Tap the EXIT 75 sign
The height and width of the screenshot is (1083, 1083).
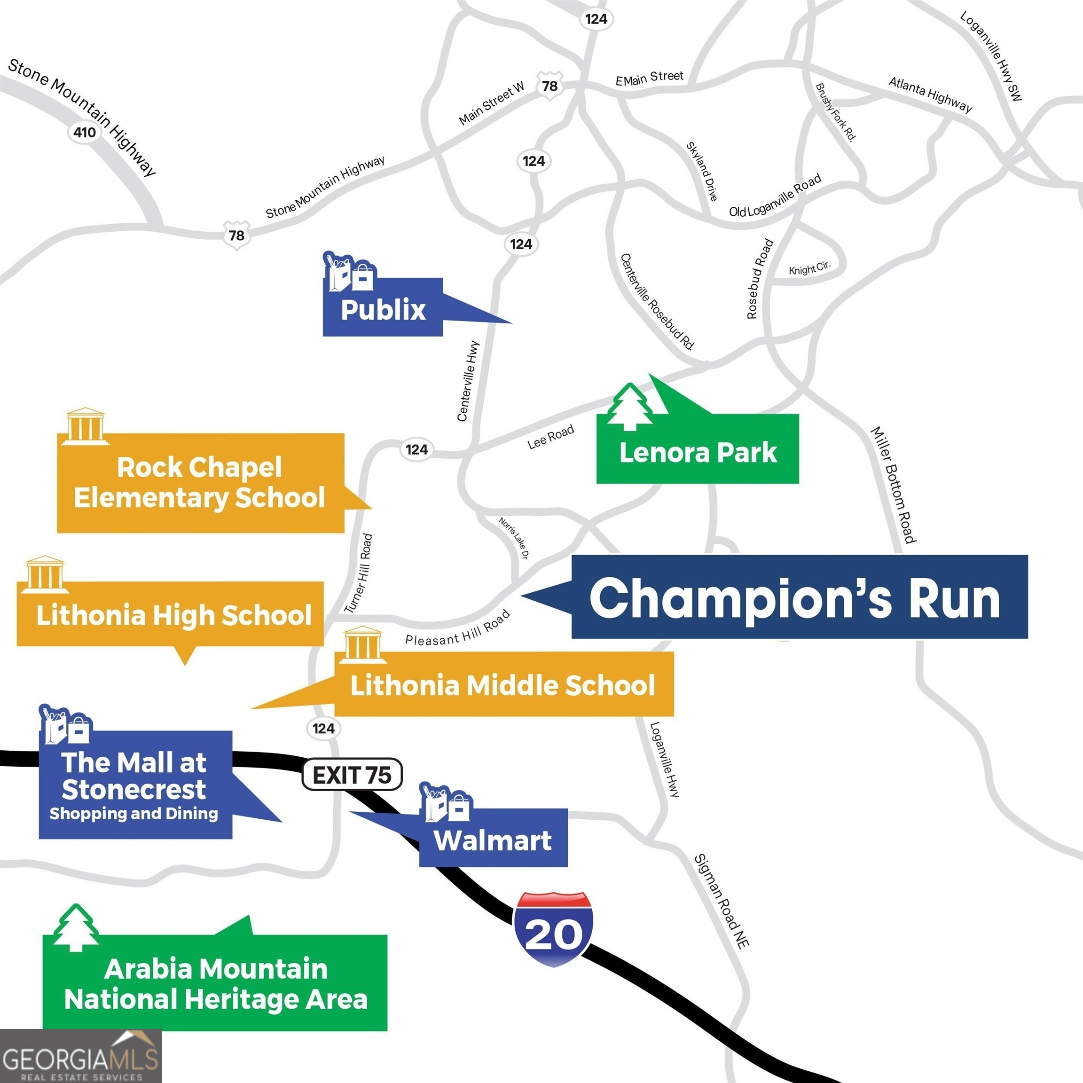click(352, 775)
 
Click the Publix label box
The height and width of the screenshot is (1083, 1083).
click(383, 308)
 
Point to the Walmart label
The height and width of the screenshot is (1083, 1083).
click(493, 840)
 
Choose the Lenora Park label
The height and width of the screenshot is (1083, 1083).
click(698, 452)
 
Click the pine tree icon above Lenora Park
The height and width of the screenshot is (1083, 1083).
click(630, 408)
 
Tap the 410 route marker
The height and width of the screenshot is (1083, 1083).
click(84, 132)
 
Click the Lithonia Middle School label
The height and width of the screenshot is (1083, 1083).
click(503, 684)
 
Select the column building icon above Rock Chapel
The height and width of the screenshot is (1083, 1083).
click(85, 426)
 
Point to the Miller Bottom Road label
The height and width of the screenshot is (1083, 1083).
click(893, 485)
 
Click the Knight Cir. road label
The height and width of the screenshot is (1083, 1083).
click(808, 268)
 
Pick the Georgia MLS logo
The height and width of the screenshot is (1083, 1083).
click(80, 1057)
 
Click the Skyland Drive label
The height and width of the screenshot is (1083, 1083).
click(702, 171)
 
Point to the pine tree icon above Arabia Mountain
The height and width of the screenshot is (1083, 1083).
click(75, 928)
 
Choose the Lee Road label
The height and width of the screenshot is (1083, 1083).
click(550, 437)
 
